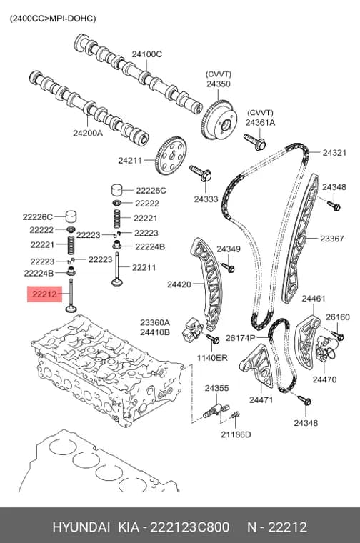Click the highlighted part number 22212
tap(44, 294)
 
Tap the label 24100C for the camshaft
tap(146, 54)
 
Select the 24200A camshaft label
tap(88, 133)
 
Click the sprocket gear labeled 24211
tap(171, 156)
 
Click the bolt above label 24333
tap(201, 174)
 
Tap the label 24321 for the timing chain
tap(334, 152)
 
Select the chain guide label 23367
tap(332, 238)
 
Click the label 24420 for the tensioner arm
tap(179, 284)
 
